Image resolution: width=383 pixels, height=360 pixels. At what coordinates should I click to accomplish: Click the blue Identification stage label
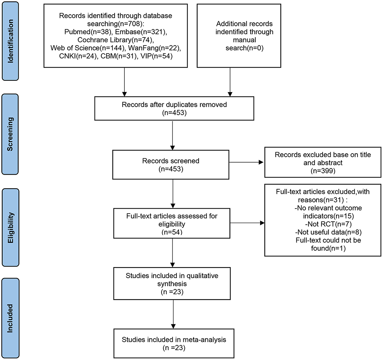[10, 41]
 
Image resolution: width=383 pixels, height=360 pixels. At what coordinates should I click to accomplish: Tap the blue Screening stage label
[10, 134]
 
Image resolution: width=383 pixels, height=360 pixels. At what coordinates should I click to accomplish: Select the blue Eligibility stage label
[10, 227]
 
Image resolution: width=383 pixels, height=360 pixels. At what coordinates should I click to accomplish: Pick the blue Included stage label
[10, 318]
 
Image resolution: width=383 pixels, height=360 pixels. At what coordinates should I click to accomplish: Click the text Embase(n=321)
[141, 32]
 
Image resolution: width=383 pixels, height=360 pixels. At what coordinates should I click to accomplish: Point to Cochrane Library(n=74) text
[116, 40]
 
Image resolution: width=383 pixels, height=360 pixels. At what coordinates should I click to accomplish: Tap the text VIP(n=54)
[156, 56]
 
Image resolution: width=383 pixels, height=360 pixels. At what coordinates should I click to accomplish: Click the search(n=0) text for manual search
[244, 48]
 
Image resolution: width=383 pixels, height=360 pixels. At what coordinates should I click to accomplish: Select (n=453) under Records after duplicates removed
[174, 113]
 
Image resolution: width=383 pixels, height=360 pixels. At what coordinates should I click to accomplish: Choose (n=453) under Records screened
[171, 169]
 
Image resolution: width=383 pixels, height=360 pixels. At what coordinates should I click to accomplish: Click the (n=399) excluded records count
[323, 171]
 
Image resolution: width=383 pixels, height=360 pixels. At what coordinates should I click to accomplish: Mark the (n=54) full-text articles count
[172, 232]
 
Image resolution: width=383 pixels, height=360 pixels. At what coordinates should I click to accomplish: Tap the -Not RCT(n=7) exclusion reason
[328, 224]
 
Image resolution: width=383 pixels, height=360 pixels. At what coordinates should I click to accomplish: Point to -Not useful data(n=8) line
[328, 232]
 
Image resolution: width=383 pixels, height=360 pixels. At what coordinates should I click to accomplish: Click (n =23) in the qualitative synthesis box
[172, 292]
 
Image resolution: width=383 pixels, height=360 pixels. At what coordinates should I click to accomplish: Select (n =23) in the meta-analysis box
[174, 348]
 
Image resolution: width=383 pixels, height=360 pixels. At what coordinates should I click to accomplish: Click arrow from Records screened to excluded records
[246, 162]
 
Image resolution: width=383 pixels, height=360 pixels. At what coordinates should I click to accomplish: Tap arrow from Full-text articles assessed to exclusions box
[247, 223]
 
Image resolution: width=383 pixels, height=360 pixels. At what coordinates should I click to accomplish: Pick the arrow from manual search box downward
[230, 82]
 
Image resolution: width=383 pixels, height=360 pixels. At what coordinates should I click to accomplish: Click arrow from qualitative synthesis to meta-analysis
[173, 314]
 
